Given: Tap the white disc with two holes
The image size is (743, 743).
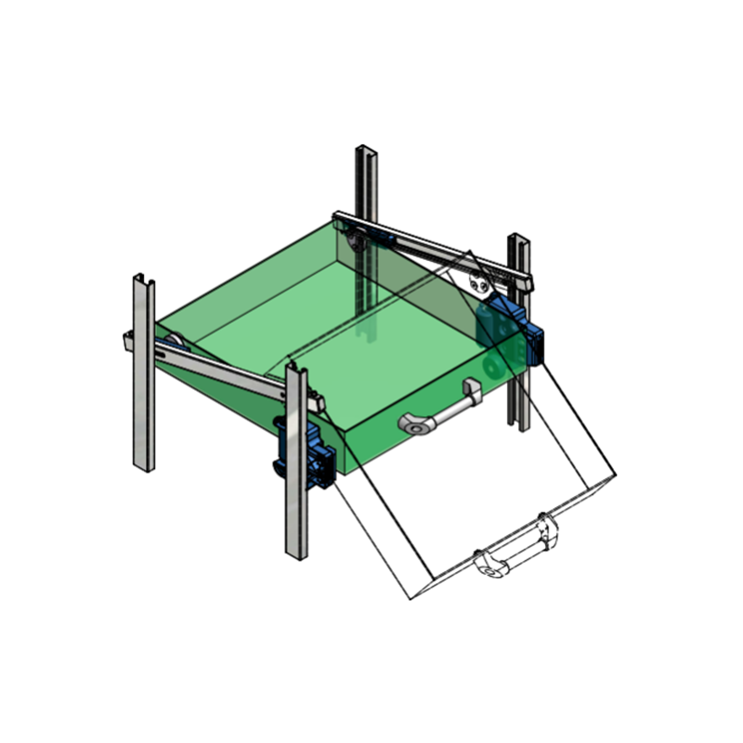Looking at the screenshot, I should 479,284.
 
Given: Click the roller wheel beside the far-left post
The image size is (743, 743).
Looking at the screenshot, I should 172,339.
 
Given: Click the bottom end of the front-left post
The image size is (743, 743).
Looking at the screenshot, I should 296,554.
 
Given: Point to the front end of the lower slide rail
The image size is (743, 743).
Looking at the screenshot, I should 319,402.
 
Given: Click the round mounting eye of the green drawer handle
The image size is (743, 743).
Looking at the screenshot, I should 414,425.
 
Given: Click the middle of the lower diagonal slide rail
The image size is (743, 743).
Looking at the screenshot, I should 228,371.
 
